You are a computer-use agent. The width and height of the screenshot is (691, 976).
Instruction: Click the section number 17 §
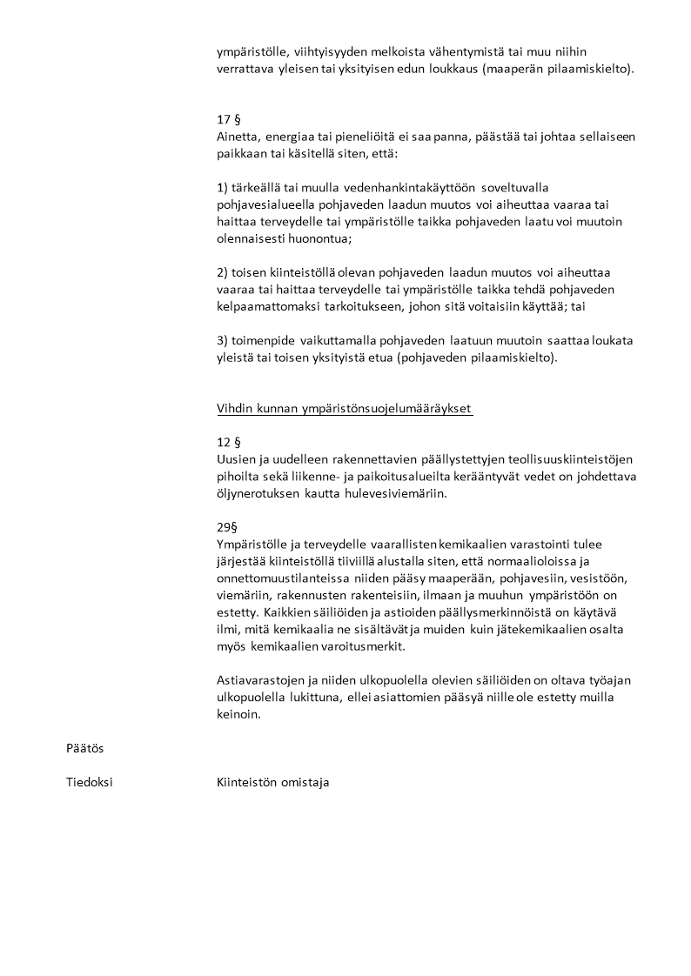pyautogui.click(x=228, y=120)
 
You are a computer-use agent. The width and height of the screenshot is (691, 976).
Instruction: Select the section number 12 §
pyautogui.click(x=228, y=442)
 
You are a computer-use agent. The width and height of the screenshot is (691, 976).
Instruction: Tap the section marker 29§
pyautogui.click(x=227, y=527)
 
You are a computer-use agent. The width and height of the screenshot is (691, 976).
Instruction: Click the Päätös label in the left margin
pyautogui.click(x=85, y=748)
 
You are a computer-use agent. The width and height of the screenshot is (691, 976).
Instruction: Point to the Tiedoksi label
pyautogui.click(x=90, y=782)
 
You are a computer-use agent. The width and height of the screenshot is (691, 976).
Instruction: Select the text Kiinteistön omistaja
pyautogui.click(x=272, y=782)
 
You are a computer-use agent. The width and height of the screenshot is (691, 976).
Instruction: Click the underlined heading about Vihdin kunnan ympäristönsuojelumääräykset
pyautogui.click(x=345, y=409)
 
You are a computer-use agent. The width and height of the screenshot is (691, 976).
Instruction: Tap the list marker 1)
pyautogui.click(x=222, y=188)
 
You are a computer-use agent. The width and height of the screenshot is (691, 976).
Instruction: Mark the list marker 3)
pyautogui.click(x=222, y=340)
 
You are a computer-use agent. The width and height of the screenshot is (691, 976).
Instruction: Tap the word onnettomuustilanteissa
pyautogui.click(x=289, y=578)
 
